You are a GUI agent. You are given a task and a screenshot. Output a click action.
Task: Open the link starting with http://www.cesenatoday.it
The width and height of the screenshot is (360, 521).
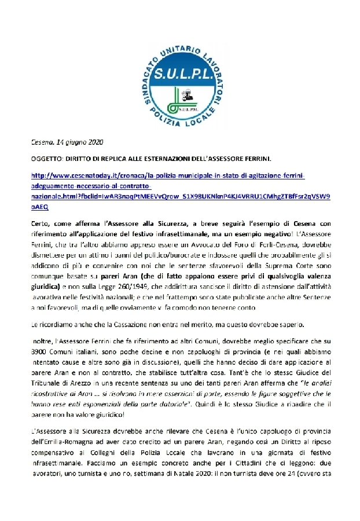[x=168, y=174]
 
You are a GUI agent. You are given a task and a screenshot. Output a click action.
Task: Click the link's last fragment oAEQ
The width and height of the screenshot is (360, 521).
[x=39, y=206]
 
